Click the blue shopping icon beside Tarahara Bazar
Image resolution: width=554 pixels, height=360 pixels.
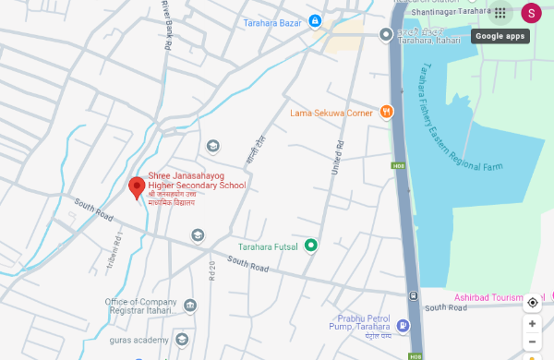[315, 20]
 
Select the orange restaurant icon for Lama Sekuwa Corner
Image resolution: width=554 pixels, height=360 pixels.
[386, 113]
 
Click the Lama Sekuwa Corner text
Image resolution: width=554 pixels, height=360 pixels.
[331, 114]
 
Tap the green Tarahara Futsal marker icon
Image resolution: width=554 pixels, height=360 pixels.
[311, 245]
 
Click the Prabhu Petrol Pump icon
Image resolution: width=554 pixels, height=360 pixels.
[403, 326]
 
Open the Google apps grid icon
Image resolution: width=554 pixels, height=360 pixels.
[500, 13]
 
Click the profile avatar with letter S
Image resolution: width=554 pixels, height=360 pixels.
[531, 13]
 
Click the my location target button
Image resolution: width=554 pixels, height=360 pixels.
[533, 303]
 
